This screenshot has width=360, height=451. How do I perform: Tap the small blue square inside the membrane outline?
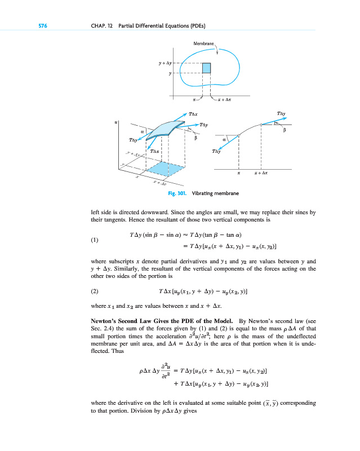[206, 68]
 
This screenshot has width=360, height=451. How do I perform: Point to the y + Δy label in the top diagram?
[165, 64]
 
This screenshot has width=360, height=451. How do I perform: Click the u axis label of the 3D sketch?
[115, 120]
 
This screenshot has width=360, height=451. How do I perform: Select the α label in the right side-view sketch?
[224, 139]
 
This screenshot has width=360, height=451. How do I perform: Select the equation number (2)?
[95, 292]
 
